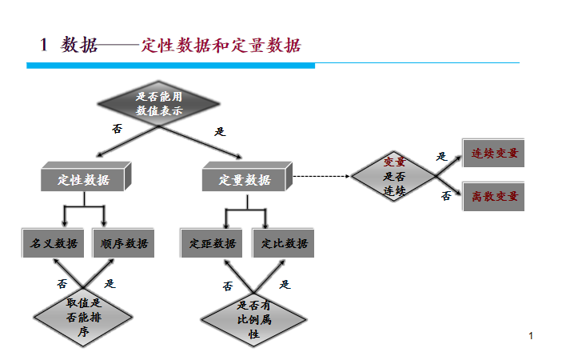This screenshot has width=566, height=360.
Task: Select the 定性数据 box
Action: [x=84, y=179]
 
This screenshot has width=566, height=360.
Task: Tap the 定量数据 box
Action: [x=245, y=179]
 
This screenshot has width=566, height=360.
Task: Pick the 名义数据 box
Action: [x=54, y=243]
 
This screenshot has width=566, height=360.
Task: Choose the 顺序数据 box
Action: [x=125, y=243]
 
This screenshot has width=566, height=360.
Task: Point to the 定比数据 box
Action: [x=284, y=243]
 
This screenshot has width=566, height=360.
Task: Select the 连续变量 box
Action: [x=494, y=153]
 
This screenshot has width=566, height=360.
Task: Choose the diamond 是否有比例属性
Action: [x=254, y=319]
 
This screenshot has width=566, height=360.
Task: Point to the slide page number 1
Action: [x=530, y=335]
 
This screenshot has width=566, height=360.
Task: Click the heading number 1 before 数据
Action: [x=45, y=45]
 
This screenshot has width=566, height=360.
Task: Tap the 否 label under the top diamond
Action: [x=117, y=128]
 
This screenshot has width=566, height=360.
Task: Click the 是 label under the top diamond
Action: [x=221, y=131]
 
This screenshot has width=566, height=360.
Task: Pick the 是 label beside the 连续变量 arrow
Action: [x=442, y=157]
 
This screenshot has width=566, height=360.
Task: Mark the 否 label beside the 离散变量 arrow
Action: [x=446, y=196]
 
